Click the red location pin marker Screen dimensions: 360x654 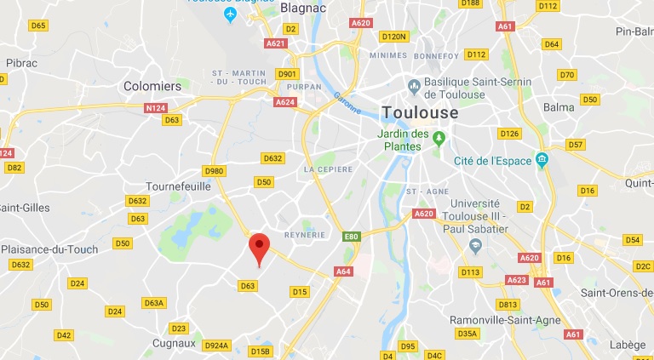[x=260, y=249]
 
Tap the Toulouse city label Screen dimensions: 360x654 [x=421, y=112]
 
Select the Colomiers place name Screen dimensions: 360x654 [x=152, y=86]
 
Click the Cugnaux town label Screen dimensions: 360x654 [x=174, y=344]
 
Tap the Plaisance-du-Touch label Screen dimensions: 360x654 [x=49, y=249]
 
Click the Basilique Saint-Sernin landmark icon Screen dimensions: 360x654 [x=414, y=84]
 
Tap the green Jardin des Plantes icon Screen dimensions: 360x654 [x=439, y=137]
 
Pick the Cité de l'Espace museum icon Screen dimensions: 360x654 [x=541, y=160]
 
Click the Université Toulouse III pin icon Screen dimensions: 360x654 [x=476, y=246]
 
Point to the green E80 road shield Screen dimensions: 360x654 [x=351, y=236]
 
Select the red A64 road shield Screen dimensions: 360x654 [x=343, y=271]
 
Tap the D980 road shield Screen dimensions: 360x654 [x=215, y=171]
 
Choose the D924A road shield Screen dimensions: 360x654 [x=216, y=346]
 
